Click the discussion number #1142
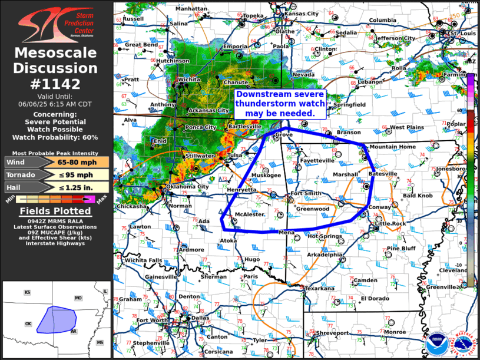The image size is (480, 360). tap(57, 84)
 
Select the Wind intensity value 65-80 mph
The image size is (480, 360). tap(72, 162)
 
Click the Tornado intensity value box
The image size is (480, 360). tap(72, 174)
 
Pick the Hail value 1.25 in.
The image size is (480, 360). tap(72, 187)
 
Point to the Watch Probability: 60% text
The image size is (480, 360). tap(57, 137)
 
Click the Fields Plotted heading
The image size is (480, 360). tap(57, 212)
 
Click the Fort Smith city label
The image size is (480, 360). tap(304, 194)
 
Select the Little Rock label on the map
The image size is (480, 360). tap(391, 224)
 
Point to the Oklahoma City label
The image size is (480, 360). tap(187, 187)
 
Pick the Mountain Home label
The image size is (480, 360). tap(392, 147)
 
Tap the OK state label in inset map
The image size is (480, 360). tap(28, 324)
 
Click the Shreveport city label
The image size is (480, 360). tap(333, 333)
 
